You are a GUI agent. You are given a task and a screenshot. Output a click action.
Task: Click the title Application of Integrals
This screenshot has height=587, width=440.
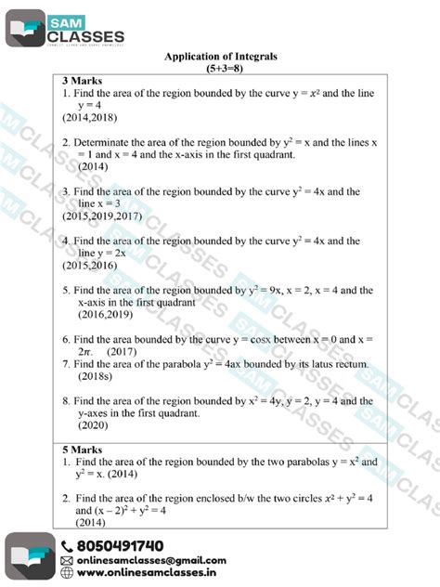pyautogui.click(x=221, y=58)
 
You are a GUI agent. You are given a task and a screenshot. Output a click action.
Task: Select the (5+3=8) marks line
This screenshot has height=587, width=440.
pyautogui.click(x=221, y=70)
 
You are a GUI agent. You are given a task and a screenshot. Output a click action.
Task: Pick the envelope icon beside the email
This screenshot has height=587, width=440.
pyautogui.click(x=67, y=561)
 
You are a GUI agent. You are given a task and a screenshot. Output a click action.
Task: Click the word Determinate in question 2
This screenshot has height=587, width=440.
pyautogui.click(x=107, y=143)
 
